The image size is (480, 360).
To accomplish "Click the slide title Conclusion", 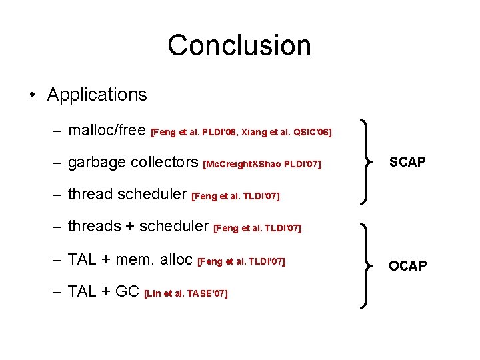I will pos(239,45).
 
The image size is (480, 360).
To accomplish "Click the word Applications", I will pos(97,95).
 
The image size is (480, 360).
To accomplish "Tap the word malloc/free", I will pos(107,130).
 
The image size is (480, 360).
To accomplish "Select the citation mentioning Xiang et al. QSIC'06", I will pos(241,133).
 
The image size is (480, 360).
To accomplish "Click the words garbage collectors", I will pos(133,162).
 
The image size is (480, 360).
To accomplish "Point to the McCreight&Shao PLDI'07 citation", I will pos(261,164).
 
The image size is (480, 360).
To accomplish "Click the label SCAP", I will pos(407,163).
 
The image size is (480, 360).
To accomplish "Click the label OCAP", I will pos(408,266).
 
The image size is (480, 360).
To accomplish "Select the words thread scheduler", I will pos(127,194).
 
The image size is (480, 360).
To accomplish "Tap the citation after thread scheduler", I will pos(235,197).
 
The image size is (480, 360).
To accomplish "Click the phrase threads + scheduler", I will pos(139,226).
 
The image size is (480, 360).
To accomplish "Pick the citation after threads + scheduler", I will pos(257,229).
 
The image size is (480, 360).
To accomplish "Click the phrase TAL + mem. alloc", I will pos(131,259).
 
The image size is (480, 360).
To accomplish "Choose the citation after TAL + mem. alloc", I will pos(242,261).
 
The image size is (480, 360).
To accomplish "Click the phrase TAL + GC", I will pos(103,291).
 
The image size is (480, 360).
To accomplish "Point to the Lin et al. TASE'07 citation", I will pos(186,293).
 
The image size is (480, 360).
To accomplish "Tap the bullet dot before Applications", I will pos(33,95).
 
